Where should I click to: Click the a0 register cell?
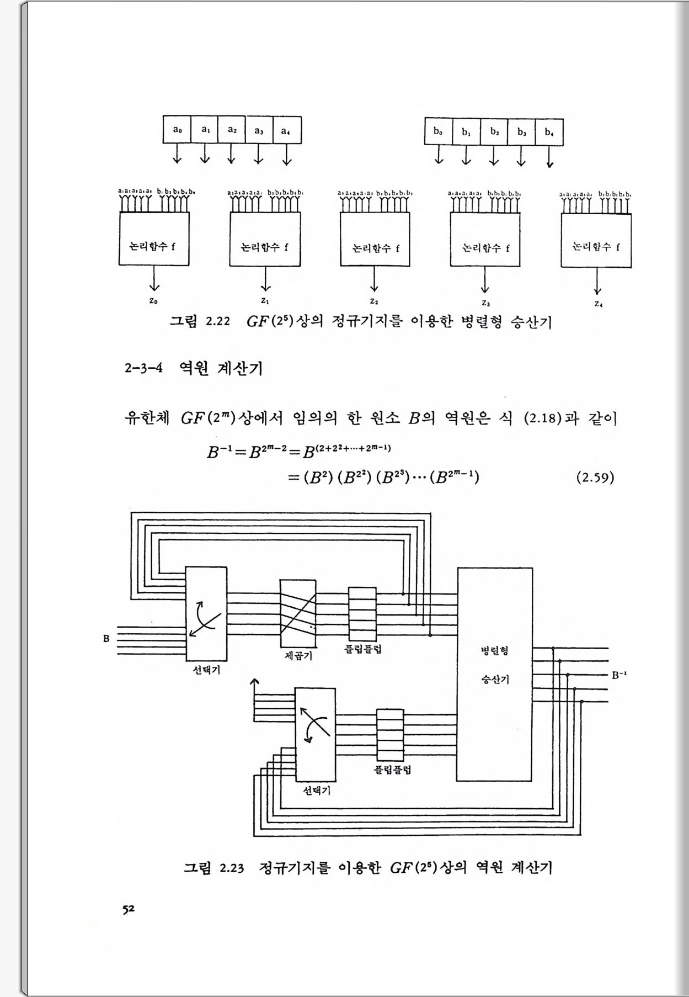(177, 130)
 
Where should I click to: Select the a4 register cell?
(287, 130)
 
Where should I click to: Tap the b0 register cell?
(438, 131)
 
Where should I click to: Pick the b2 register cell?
(494, 131)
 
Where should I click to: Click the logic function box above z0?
(154, 239)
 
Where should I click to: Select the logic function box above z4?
(596, 240)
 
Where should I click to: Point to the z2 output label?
(374, 301)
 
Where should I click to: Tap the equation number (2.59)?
(595, 477)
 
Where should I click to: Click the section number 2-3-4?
(143, 368)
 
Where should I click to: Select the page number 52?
(129, 909)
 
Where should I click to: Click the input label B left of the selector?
(106, 639)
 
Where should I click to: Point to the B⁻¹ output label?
(619, 675)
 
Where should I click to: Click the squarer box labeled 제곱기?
(298, 613)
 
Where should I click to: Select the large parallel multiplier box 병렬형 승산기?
(495, 674)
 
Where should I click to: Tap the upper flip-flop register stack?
(362, 614)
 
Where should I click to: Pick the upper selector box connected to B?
(206, 614)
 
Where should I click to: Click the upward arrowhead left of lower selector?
(254, 683)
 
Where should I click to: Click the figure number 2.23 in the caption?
(232, 868)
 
